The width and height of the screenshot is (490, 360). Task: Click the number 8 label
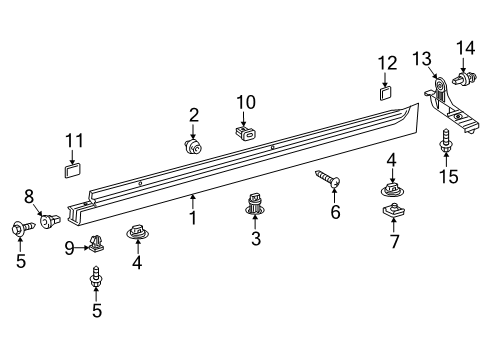pos(29,196)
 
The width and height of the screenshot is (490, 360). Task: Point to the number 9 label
pos(69,246)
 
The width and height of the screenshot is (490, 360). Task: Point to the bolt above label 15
pos(447,141)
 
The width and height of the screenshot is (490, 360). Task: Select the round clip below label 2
pos(193,146)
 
